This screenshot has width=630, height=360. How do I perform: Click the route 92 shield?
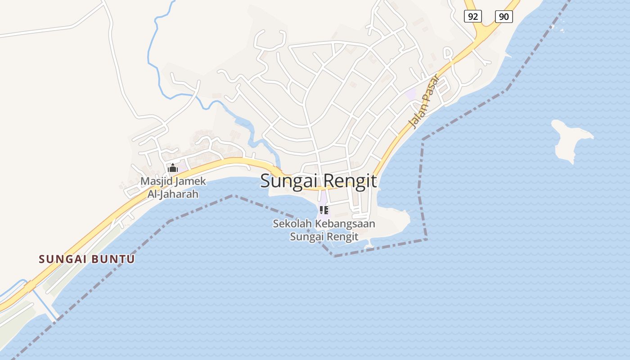coord(472,17)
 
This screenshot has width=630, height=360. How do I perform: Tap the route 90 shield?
coord(504,17)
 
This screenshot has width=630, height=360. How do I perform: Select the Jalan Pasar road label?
coord(423,101)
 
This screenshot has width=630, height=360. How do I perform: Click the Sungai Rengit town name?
coord(319,181)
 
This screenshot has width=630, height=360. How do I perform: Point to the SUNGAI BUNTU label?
coord(87,259)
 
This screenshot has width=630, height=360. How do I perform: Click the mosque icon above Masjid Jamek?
coord(172,168)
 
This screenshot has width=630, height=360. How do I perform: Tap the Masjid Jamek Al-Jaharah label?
coord(173,188)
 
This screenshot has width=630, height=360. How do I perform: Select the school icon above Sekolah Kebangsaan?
coord(324,210)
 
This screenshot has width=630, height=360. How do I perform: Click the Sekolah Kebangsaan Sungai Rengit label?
coord(324,229)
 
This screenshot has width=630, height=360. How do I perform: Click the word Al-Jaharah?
coord(173,194)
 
